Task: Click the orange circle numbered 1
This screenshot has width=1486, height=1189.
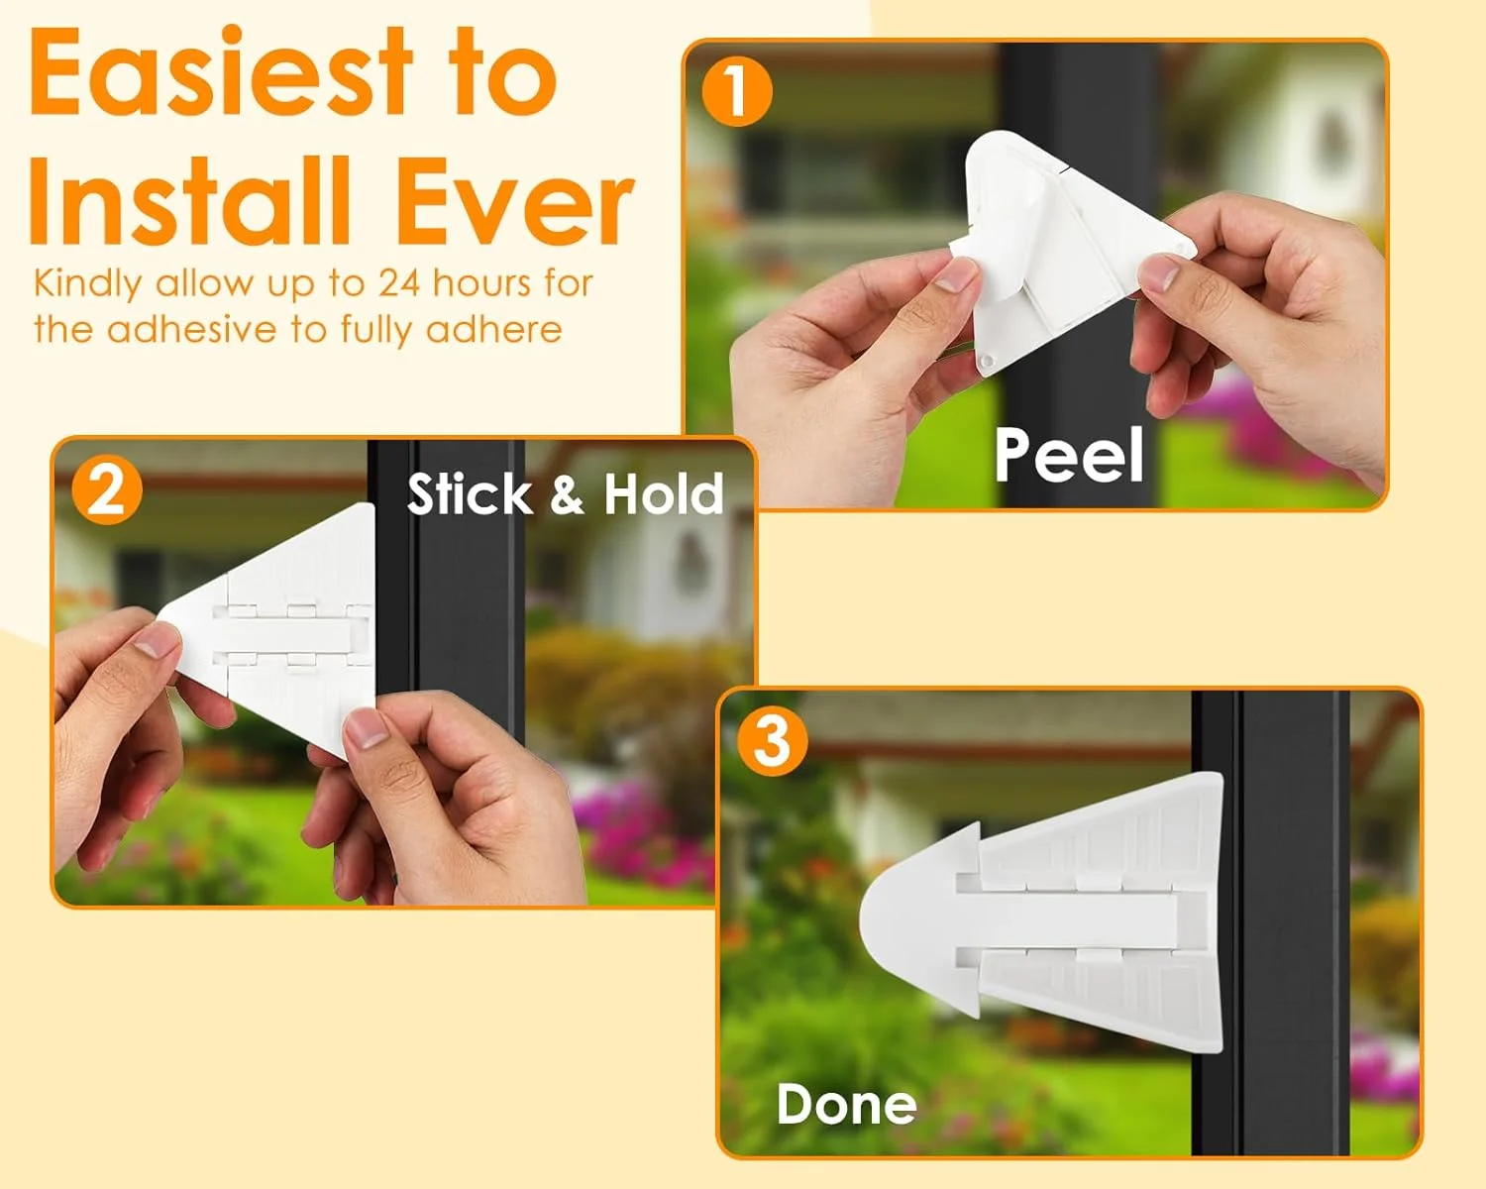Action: point(737,91)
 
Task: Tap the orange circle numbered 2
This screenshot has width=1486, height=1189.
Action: point(107,489)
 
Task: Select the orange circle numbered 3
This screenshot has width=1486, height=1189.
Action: point(772,741)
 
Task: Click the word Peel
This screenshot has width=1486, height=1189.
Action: point(1069,455)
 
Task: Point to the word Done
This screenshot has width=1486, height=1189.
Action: point(847,1104)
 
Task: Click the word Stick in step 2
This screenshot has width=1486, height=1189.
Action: point(470,494)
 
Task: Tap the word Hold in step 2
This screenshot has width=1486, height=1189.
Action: point(664,494)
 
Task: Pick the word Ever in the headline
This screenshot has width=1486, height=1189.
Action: point(515,200)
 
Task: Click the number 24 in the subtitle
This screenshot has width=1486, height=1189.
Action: point(398,283)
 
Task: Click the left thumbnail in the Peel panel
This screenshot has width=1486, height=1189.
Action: point(956,275)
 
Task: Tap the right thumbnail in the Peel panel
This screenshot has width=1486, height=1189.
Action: point(1159,272)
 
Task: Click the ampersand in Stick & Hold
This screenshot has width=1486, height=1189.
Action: point(567,494)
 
